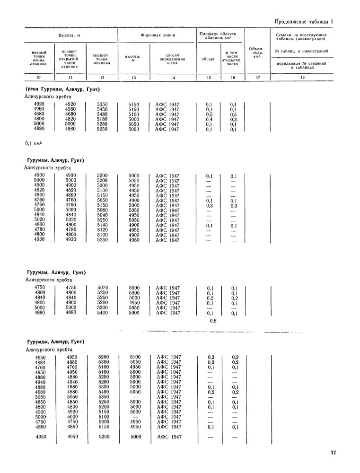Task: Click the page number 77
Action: (334, 453)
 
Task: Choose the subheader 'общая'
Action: (208, 59)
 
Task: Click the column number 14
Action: (173, 77)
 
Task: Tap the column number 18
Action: (302, 77)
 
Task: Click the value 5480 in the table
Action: (102, 114)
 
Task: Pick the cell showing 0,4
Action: (209, 119)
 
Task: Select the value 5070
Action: (102, 288)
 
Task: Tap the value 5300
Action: (102, 362)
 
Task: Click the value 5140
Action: (102, 225)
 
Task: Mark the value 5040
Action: (102, 215)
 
